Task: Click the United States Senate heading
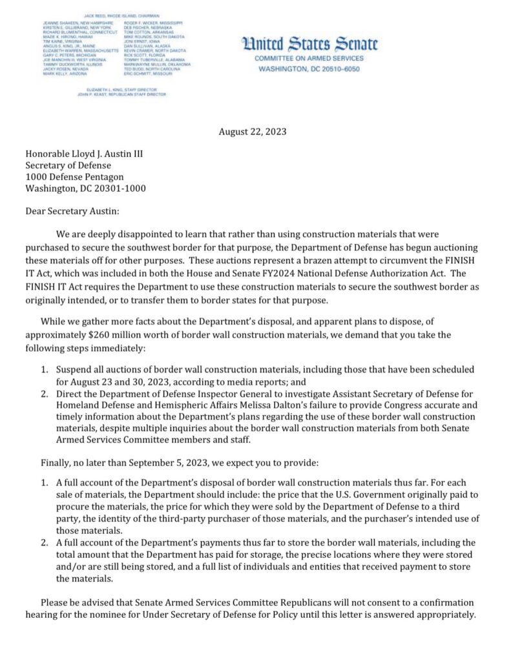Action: (x=309, y=44)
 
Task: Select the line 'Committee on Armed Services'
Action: (x=309, y=57)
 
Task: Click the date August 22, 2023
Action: (x=252, y=132)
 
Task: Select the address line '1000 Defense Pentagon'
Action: (x=74, y=177)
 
